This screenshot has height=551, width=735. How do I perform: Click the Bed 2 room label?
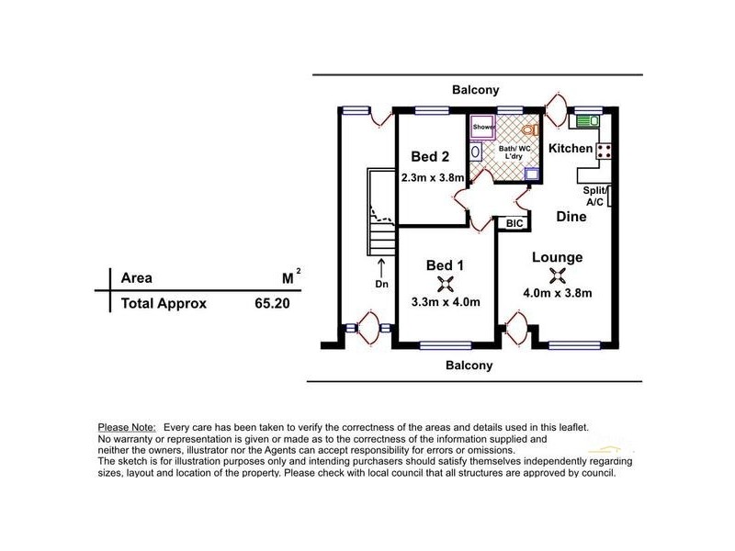(x=430, y=156)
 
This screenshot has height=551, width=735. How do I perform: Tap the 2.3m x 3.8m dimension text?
(x=433, y=178)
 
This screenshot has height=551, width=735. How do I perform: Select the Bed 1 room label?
(x=445, y=265)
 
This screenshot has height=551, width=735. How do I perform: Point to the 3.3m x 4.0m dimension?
(x=446, y=302)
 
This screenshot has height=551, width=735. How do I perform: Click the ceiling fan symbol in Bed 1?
(x=446, y=284)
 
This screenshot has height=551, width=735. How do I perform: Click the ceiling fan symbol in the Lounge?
(x=558, y=275)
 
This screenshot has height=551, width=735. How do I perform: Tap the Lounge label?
(x=558, y=257)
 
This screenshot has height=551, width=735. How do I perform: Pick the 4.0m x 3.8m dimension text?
(x=558, y=293)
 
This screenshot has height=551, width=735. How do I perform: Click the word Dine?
(x=571, y=217)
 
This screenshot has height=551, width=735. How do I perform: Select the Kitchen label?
(x=571, y=149)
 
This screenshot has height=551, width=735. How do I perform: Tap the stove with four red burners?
(x=604, y=151)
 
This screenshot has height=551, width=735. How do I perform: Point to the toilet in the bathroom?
(x=530, y=129)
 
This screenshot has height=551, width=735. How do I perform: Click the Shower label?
(x=483, y=127)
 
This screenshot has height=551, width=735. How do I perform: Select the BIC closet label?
(x=514, y=223)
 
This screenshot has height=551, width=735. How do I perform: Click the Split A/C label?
(x=594, y=197)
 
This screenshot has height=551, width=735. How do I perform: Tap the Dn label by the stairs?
(x=381, y=284)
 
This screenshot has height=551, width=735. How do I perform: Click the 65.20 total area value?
(x=272, y=304)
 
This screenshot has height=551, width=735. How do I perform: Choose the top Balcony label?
(x=475, y=89)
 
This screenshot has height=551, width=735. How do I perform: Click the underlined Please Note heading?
(x=127, y=428)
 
